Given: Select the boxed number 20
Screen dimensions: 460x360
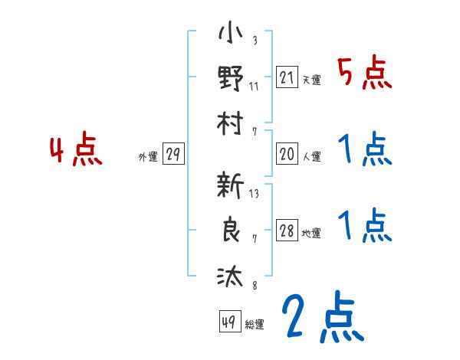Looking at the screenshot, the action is coord(287,154).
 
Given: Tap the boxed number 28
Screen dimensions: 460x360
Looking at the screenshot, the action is coord(287,231).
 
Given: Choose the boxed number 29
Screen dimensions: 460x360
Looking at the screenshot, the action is coord(172,154).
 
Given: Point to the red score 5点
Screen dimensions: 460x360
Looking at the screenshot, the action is coord(364,74).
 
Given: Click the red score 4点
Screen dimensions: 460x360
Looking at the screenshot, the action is coord(76,151).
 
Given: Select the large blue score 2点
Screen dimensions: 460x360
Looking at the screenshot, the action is coord(322,318).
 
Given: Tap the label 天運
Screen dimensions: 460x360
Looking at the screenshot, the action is coord(311,80).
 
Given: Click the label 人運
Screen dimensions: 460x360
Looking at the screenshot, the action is coord(311,157).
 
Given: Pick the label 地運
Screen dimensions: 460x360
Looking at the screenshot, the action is coord(311,234).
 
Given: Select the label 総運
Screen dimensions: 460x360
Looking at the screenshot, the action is coord(255,325).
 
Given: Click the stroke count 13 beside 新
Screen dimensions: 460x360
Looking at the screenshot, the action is coord(254,194).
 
